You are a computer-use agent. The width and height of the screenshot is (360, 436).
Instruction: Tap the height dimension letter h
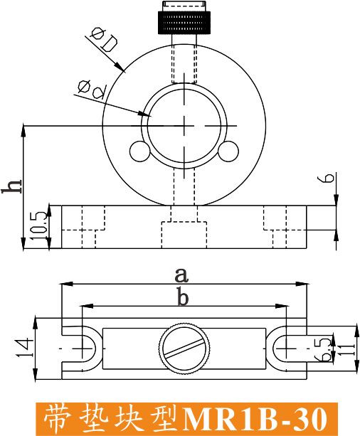pos(11,186)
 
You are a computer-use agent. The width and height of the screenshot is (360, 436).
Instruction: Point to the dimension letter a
pos(181,275)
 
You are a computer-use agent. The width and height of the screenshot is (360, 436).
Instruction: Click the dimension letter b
pos(183,298)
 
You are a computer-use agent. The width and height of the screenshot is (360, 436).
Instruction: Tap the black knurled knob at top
pos(184,22)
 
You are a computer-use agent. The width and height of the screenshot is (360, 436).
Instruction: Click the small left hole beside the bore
pos(139,151)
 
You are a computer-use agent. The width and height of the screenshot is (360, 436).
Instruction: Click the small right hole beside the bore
pos(228,151)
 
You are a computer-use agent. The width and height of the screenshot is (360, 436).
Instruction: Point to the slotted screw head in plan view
pos(184,348)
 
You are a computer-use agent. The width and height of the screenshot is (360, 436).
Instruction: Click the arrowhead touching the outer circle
pos(120,67)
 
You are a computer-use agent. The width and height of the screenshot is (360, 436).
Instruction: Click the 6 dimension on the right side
pos(329,178)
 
